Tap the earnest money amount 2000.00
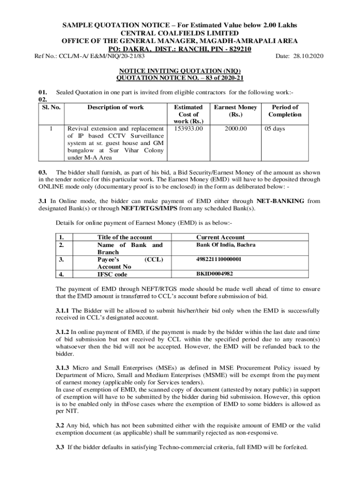(x=235, y=128)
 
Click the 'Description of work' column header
(x=115, y=107)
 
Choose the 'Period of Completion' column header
(x=285, y=111)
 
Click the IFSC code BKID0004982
(x=215, y=274)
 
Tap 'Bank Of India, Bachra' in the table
(x=226, y=245)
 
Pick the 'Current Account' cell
(x=220, y=237)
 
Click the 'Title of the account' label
(x=124, y=237)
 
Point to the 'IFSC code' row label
(x=112, y=275)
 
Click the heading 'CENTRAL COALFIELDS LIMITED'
(x=180, y=33)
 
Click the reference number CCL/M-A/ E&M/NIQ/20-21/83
(x=90, y=56)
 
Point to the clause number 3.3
(x=60, y=447)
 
